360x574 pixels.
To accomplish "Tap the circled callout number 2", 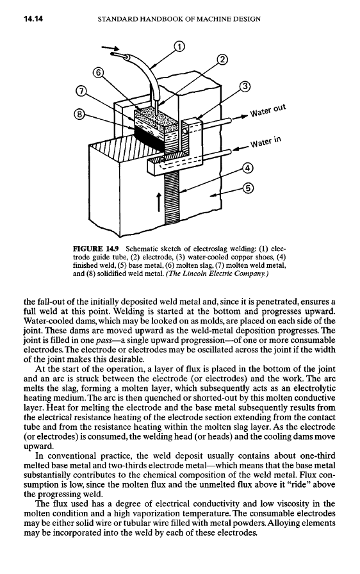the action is (222, 60).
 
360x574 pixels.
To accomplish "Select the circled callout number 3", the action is (245, 86).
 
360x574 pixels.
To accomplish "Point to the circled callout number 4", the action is (248, 168).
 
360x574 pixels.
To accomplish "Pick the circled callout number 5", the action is (248, 188).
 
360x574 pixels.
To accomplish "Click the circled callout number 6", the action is (98, 72).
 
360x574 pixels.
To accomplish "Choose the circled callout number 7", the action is (81, 90).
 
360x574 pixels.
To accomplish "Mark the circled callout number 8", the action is (79, 115).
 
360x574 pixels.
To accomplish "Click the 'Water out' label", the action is (268, 110).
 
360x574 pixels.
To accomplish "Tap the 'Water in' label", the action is (266, 142).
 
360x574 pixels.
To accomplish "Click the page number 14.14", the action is (33, 19).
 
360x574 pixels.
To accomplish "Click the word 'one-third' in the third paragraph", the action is (317, 456).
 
